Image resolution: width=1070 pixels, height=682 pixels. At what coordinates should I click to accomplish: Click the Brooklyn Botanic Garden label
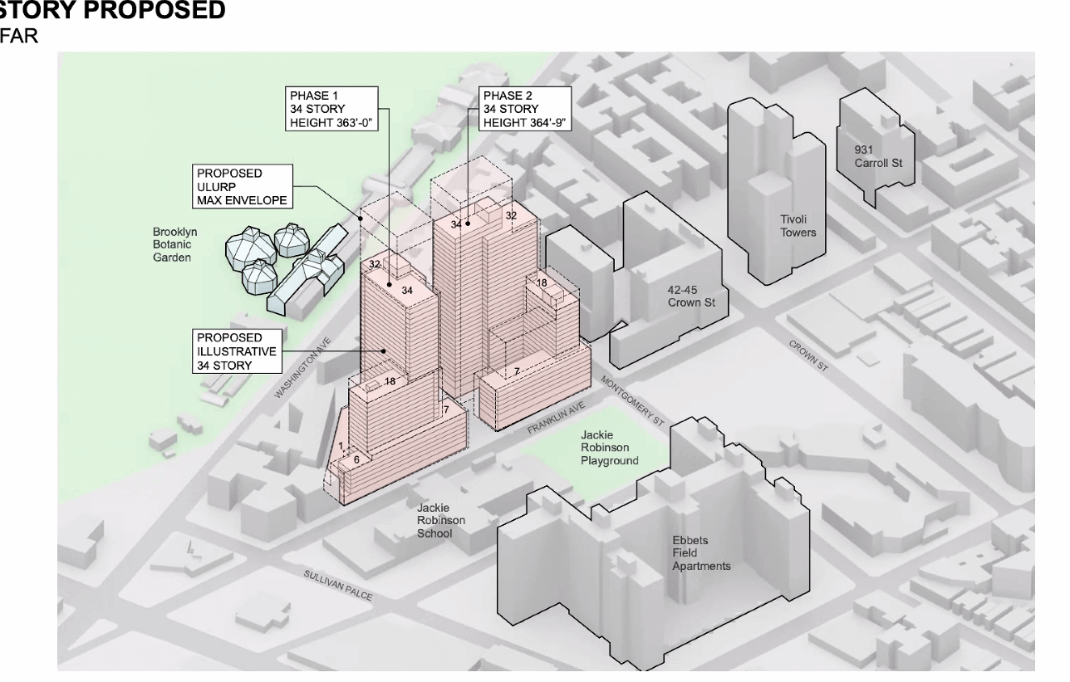tap(174, 245)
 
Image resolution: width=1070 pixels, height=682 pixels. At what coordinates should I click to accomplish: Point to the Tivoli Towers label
tap(798, 226)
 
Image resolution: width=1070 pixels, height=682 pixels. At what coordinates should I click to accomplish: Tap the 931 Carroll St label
tap(878, 156)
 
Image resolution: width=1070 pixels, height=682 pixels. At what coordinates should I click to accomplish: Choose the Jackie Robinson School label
tap(441, 519)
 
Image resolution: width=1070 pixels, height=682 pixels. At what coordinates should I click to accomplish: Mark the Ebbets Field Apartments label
tap(701, 553)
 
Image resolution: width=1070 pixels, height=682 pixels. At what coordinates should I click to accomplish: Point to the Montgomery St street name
tap(632, 400)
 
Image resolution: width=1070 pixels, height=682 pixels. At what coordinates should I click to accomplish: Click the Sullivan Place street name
tap(337, 586)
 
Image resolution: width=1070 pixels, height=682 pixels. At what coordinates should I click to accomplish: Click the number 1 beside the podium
tap(341, 446)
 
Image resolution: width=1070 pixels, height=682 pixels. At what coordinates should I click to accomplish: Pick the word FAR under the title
tap(19, 37)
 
